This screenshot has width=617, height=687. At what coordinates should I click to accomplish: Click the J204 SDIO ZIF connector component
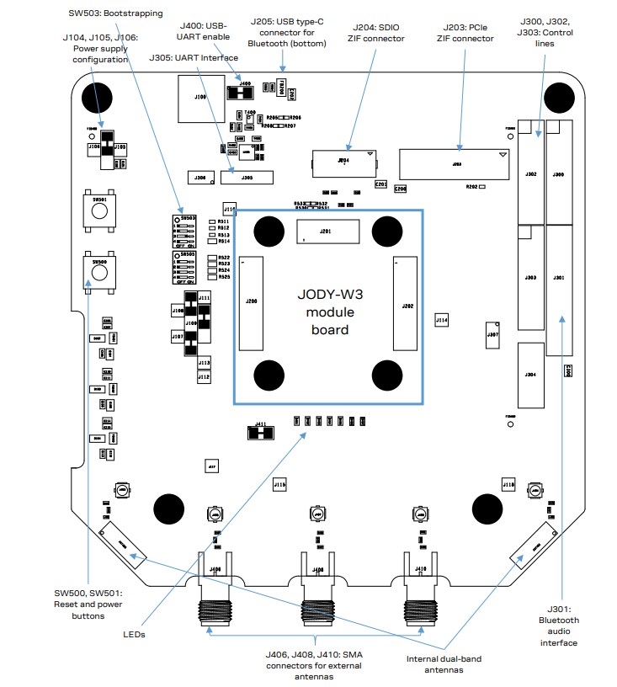tap(343, 161)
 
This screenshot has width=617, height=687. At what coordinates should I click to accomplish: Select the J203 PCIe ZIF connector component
tap(455, 164)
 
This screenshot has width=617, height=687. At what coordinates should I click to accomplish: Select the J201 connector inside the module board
tap(327, 232)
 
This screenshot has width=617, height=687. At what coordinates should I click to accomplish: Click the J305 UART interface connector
tap(247, 178)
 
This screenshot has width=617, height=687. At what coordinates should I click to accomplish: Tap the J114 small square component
tap(442, 320)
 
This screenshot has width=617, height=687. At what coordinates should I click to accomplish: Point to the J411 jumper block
tap(261, 433)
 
